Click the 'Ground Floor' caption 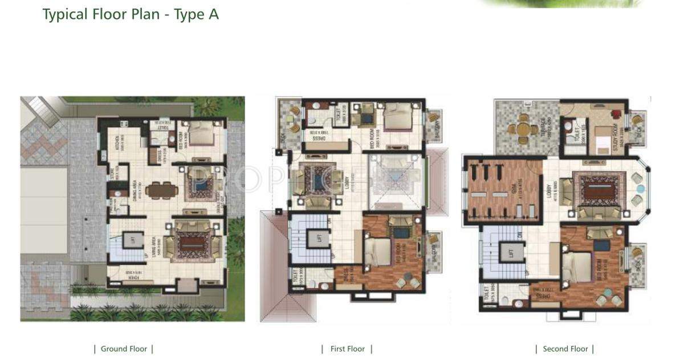coord(124,349)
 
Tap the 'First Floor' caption coord(347,349)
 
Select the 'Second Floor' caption coord(565,349)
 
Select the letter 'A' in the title coord(213,14)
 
